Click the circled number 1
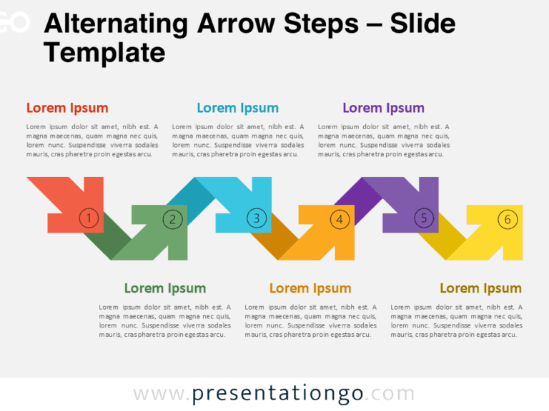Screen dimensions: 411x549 coord(88,218)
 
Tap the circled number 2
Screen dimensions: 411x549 coord(172,219)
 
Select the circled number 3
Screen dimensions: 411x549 coord(256,218)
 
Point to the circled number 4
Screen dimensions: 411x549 coord(340,219)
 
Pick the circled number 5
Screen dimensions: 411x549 coord(424,218)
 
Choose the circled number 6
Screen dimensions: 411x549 coord(508,219)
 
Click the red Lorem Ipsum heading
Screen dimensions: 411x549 coord(67,108)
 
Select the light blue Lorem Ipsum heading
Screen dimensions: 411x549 coord(237,108)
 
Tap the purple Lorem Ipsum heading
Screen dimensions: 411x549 coord(383,108)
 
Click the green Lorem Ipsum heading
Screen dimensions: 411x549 coord(164,288)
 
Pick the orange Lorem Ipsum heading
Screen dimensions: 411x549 coord(310,288)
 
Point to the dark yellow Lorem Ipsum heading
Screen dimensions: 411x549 coord(480,288)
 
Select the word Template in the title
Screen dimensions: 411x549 coord(104,52)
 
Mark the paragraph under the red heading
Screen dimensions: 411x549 coord(92,140)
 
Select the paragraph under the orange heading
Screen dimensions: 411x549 coord(310,320)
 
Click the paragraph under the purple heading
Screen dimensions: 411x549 coord(384,140)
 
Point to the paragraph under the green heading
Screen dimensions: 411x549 coord(164,320)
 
